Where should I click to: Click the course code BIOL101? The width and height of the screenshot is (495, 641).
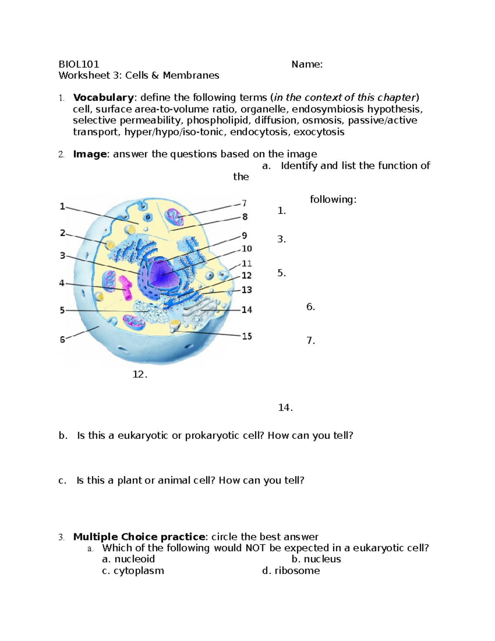(79, 64)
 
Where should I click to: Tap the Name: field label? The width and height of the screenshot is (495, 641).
(307, 64)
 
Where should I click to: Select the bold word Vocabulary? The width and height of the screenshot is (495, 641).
(103, 97)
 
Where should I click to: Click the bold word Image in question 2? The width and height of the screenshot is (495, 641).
(90, 154)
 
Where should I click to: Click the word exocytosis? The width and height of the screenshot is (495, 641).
(318, 132)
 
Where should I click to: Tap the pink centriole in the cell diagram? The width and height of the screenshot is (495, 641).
(125, 288)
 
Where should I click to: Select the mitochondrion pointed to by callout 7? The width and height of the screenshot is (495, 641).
(174, 217)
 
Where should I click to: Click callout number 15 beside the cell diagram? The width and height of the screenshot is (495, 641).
(247, 336)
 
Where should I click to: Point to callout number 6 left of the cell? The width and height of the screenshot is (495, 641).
(62, 340)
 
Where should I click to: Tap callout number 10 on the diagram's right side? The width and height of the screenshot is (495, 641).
(247, 248)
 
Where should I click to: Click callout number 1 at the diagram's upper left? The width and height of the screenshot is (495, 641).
(62, 206)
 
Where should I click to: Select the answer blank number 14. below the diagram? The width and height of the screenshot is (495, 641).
(285, 408)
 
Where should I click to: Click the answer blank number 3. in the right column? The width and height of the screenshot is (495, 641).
(282, 239)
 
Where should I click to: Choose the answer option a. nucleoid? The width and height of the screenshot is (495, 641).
(128, 559)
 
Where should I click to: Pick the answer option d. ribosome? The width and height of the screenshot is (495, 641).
(291, 570)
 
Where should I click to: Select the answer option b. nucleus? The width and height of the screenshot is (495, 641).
(316, 559)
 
